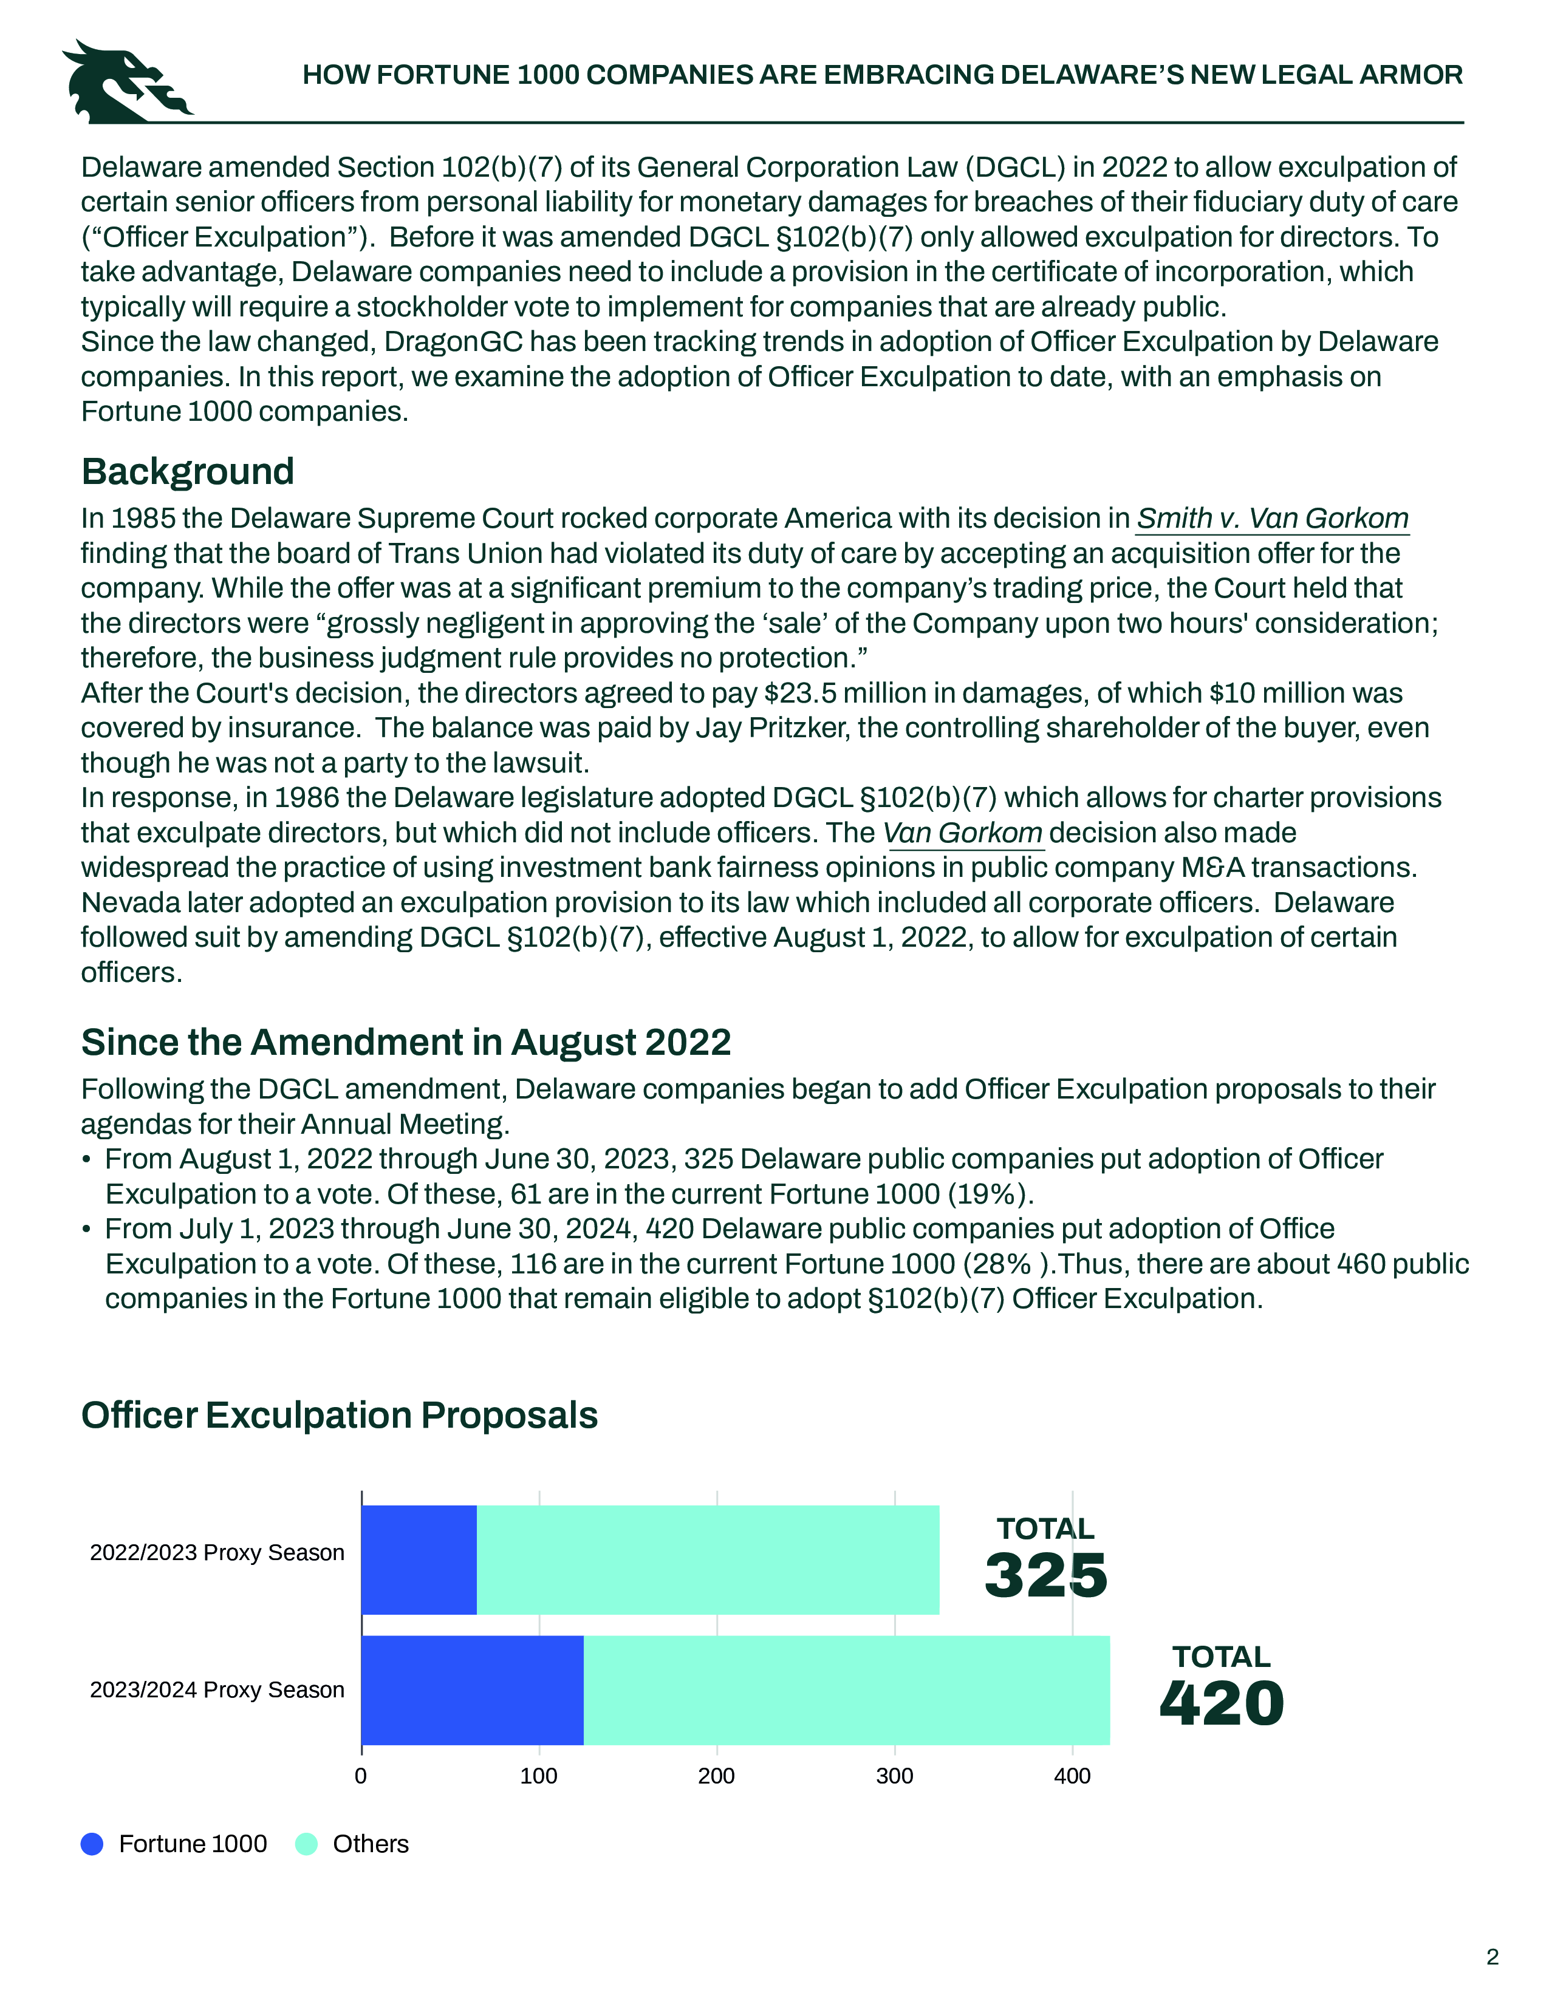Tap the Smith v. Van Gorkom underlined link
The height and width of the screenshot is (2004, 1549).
(1272, 519)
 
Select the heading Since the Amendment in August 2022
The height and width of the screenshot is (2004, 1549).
(406, 1042)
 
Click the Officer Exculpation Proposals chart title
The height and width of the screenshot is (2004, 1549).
(340, 1415)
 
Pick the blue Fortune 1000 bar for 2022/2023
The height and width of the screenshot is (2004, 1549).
(419, 1560)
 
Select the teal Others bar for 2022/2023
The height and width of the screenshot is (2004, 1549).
(708, 1560)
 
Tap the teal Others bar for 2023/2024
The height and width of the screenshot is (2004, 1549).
(846, 1690)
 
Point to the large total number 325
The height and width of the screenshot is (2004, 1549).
(1046, 1575)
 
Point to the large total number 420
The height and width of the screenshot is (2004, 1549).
(1222, 1704)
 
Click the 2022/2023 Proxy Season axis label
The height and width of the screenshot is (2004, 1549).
(217, 1553)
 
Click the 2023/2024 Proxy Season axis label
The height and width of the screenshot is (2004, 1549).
(217, 1690)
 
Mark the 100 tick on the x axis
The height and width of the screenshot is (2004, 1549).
(539, 1776)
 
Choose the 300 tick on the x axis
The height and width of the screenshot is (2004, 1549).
(895, 1776)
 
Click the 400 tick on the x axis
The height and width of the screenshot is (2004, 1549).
(1072, 1776)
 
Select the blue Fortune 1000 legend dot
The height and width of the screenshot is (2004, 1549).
(92, 1844)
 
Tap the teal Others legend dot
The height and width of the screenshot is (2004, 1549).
(307, 1844)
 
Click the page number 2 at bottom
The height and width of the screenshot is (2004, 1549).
(1492, 1957)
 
